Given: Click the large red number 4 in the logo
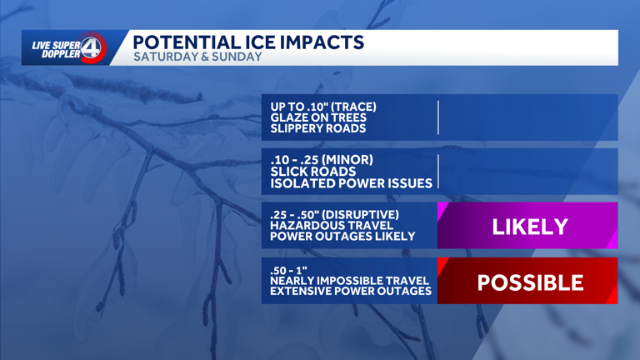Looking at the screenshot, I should (x=93, y=48).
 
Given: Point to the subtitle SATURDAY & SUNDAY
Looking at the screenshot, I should (x=197, y=57).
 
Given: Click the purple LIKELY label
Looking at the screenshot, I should (x=529, y=226).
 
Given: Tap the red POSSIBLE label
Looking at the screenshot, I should (x=529, y=282).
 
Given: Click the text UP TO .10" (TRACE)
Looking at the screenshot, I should (x=323, y=107).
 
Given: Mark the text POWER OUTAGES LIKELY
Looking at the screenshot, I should (x=342, y=237).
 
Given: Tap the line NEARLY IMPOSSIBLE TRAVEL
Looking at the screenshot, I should (x=351, y=281).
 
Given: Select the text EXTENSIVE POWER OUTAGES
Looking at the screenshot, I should (x=351, y=292).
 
